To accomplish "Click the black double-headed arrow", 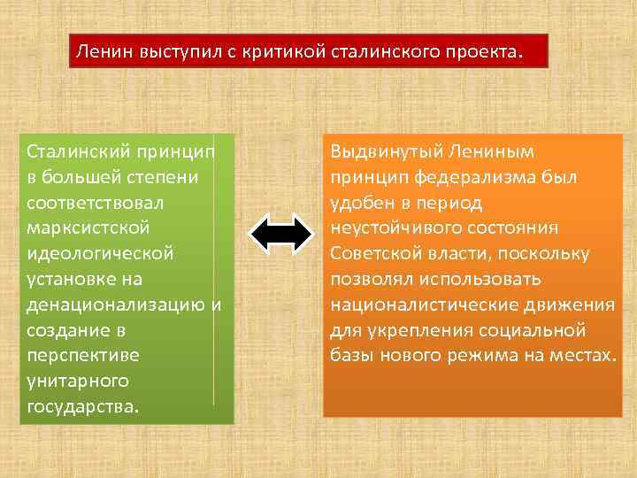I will (x=281, y=234).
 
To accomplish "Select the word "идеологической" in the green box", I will (x=100, y=254).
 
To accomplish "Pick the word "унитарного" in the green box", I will (x=78, y=382).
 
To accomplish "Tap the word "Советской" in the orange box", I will (x=374, y=254).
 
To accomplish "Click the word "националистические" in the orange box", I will (x=428, y=305).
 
